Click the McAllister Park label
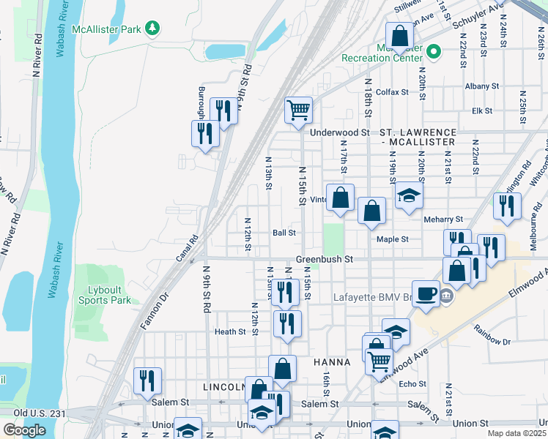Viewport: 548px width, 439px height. (x=107, y=29)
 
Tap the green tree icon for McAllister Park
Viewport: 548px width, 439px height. (x=152, y=28)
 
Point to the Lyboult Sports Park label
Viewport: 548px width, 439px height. (x=105, y=295)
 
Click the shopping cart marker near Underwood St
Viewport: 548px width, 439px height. (x=298, y=111)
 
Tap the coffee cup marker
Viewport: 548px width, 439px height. (x=426, y=293)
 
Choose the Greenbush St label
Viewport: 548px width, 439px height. (x=325, y=259)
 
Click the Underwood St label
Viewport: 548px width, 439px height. (x=339, y=132)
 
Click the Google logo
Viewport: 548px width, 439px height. (x=24, y=430)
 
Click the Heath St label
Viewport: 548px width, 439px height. (x=230, y=331)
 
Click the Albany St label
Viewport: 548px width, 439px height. (x=481, y=86)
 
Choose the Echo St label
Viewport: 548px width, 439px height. (x=412, y=383)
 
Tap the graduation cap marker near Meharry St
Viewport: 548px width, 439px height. (x=409, y=195)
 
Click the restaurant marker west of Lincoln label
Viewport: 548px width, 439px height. (x=148, y=380)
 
